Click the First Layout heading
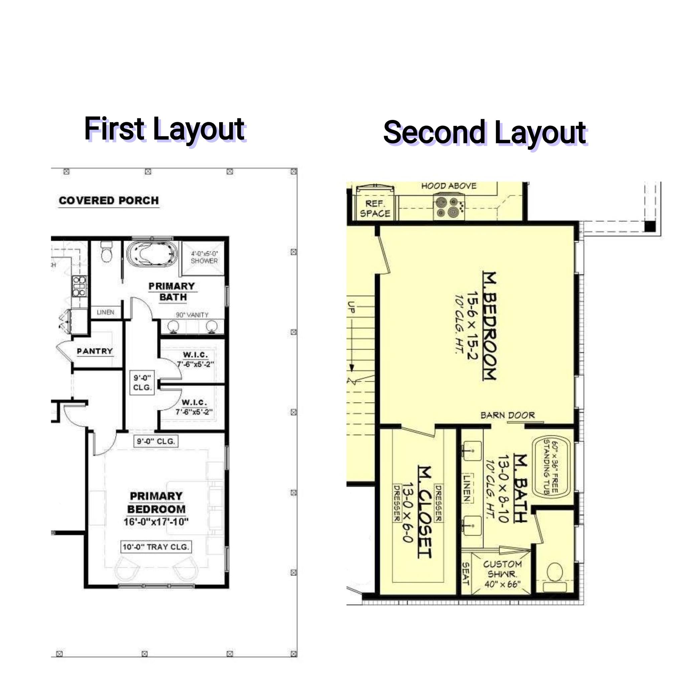[164, 129]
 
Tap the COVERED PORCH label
[109, 200]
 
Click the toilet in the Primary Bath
[106, 252]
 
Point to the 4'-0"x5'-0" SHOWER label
[204, 258]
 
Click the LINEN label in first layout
[106, 312]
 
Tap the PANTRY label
[95, 351]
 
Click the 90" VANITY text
[192, 315]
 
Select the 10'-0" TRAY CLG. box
[156, 547]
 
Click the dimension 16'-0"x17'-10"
[156, 522]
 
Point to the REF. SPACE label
[375, 208]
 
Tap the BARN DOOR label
[507, 415]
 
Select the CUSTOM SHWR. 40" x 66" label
[502, 574]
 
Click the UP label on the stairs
[351, 307]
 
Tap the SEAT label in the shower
[466, 574]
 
